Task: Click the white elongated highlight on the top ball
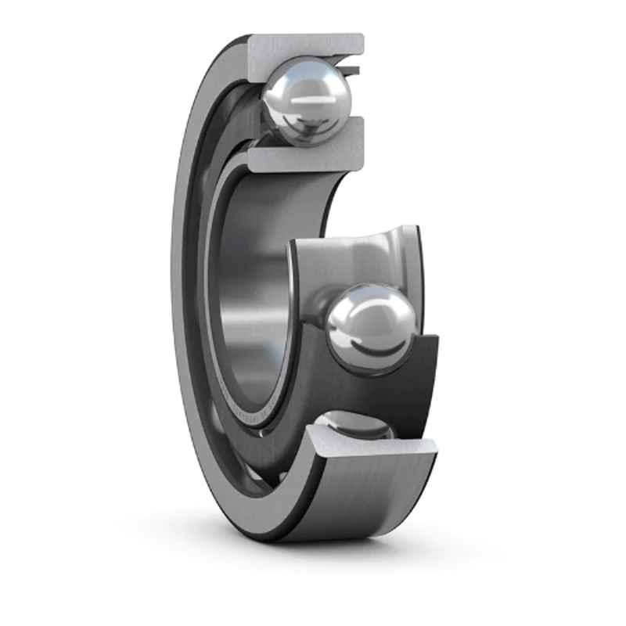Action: (308, 102)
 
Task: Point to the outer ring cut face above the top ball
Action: (305, 51)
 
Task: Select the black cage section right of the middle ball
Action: (419, 376)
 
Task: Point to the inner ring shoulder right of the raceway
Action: (411, 258)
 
